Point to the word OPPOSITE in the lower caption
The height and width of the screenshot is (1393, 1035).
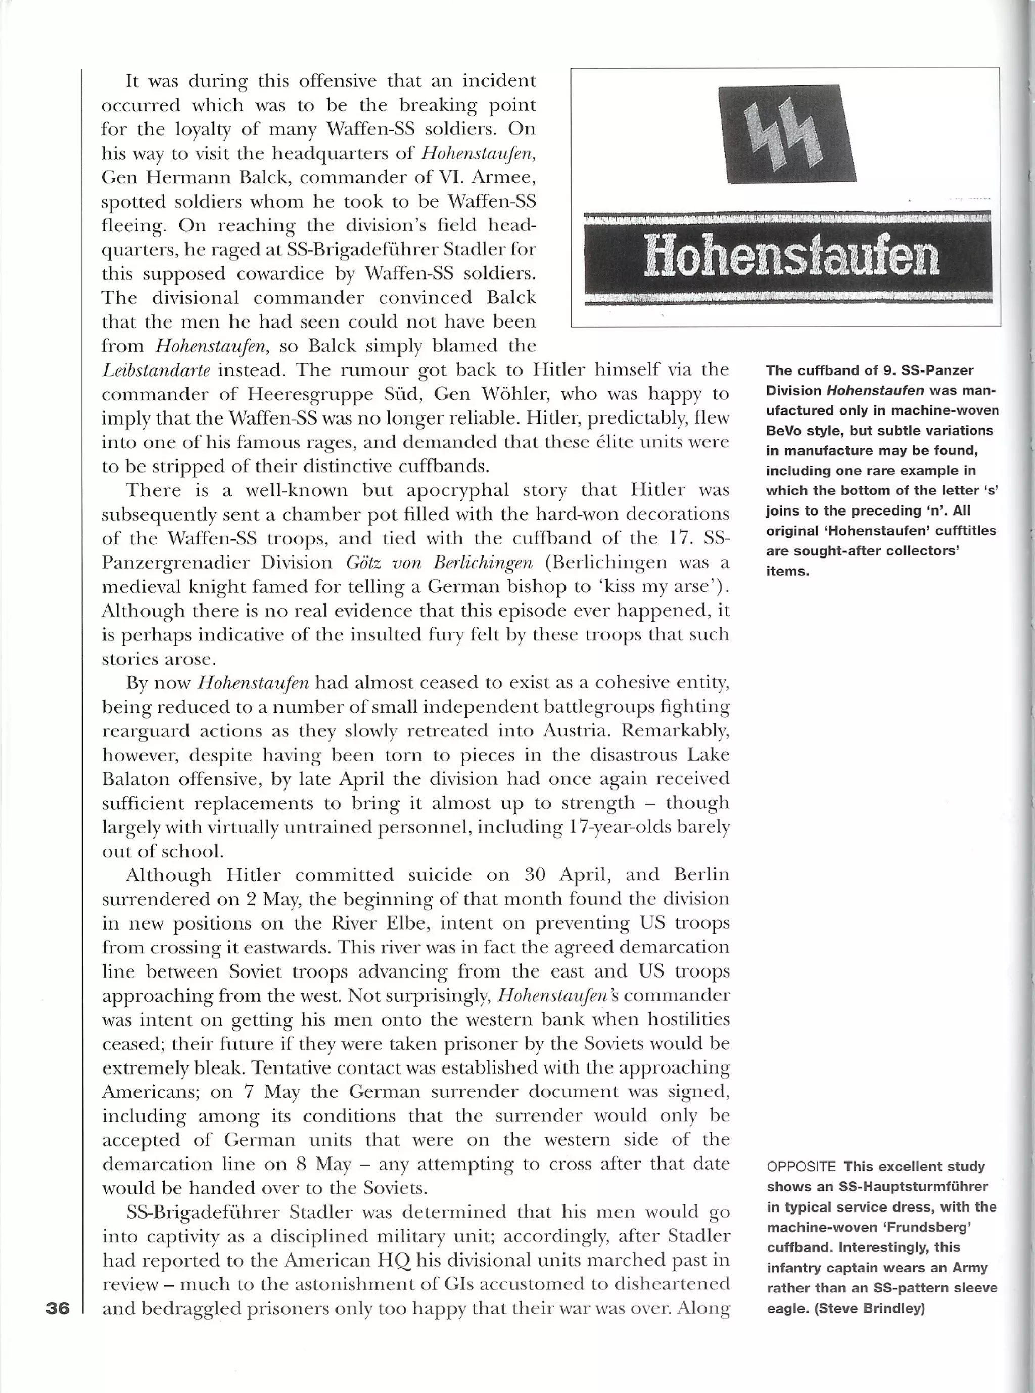tap(801, 1167)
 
